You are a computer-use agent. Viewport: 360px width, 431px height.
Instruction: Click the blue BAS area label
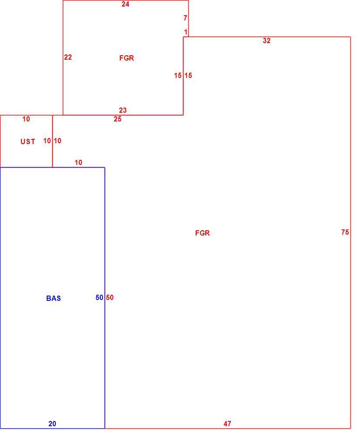click(54, 298)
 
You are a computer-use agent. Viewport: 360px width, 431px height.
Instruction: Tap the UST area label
click(28, 141)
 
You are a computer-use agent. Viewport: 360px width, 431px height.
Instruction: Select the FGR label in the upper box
click(126, 58)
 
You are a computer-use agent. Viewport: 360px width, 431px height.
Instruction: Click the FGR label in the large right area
click(203, 233)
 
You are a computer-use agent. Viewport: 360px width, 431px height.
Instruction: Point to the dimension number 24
click(126, 4)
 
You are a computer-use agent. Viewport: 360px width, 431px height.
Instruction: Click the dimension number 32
click(267, 40)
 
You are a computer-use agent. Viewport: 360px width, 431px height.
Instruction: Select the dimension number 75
click(345, 232)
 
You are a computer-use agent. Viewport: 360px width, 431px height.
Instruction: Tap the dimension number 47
click(228, 424)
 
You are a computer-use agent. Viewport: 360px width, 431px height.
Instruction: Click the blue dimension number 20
click(52, 424)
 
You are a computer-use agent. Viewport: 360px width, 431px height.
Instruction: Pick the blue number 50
click(99, 297)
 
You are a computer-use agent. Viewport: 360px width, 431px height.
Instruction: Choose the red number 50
click(110, 297)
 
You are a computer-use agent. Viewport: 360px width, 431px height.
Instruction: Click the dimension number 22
click(68, 57)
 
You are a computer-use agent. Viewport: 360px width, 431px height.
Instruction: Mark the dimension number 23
click(123, 110)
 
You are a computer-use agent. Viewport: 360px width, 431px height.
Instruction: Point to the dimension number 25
click(118, 119)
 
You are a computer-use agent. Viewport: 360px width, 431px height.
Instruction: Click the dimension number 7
click(186, 18)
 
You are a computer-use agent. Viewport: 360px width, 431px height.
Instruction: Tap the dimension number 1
click(186, 32)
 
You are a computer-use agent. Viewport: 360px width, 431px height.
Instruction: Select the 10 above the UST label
click(26, 119)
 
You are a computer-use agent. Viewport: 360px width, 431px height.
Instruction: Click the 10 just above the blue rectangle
click(78, 162)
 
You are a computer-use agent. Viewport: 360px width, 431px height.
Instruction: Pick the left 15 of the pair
click(178, 75)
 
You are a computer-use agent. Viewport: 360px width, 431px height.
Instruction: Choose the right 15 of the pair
click(188, 75)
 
